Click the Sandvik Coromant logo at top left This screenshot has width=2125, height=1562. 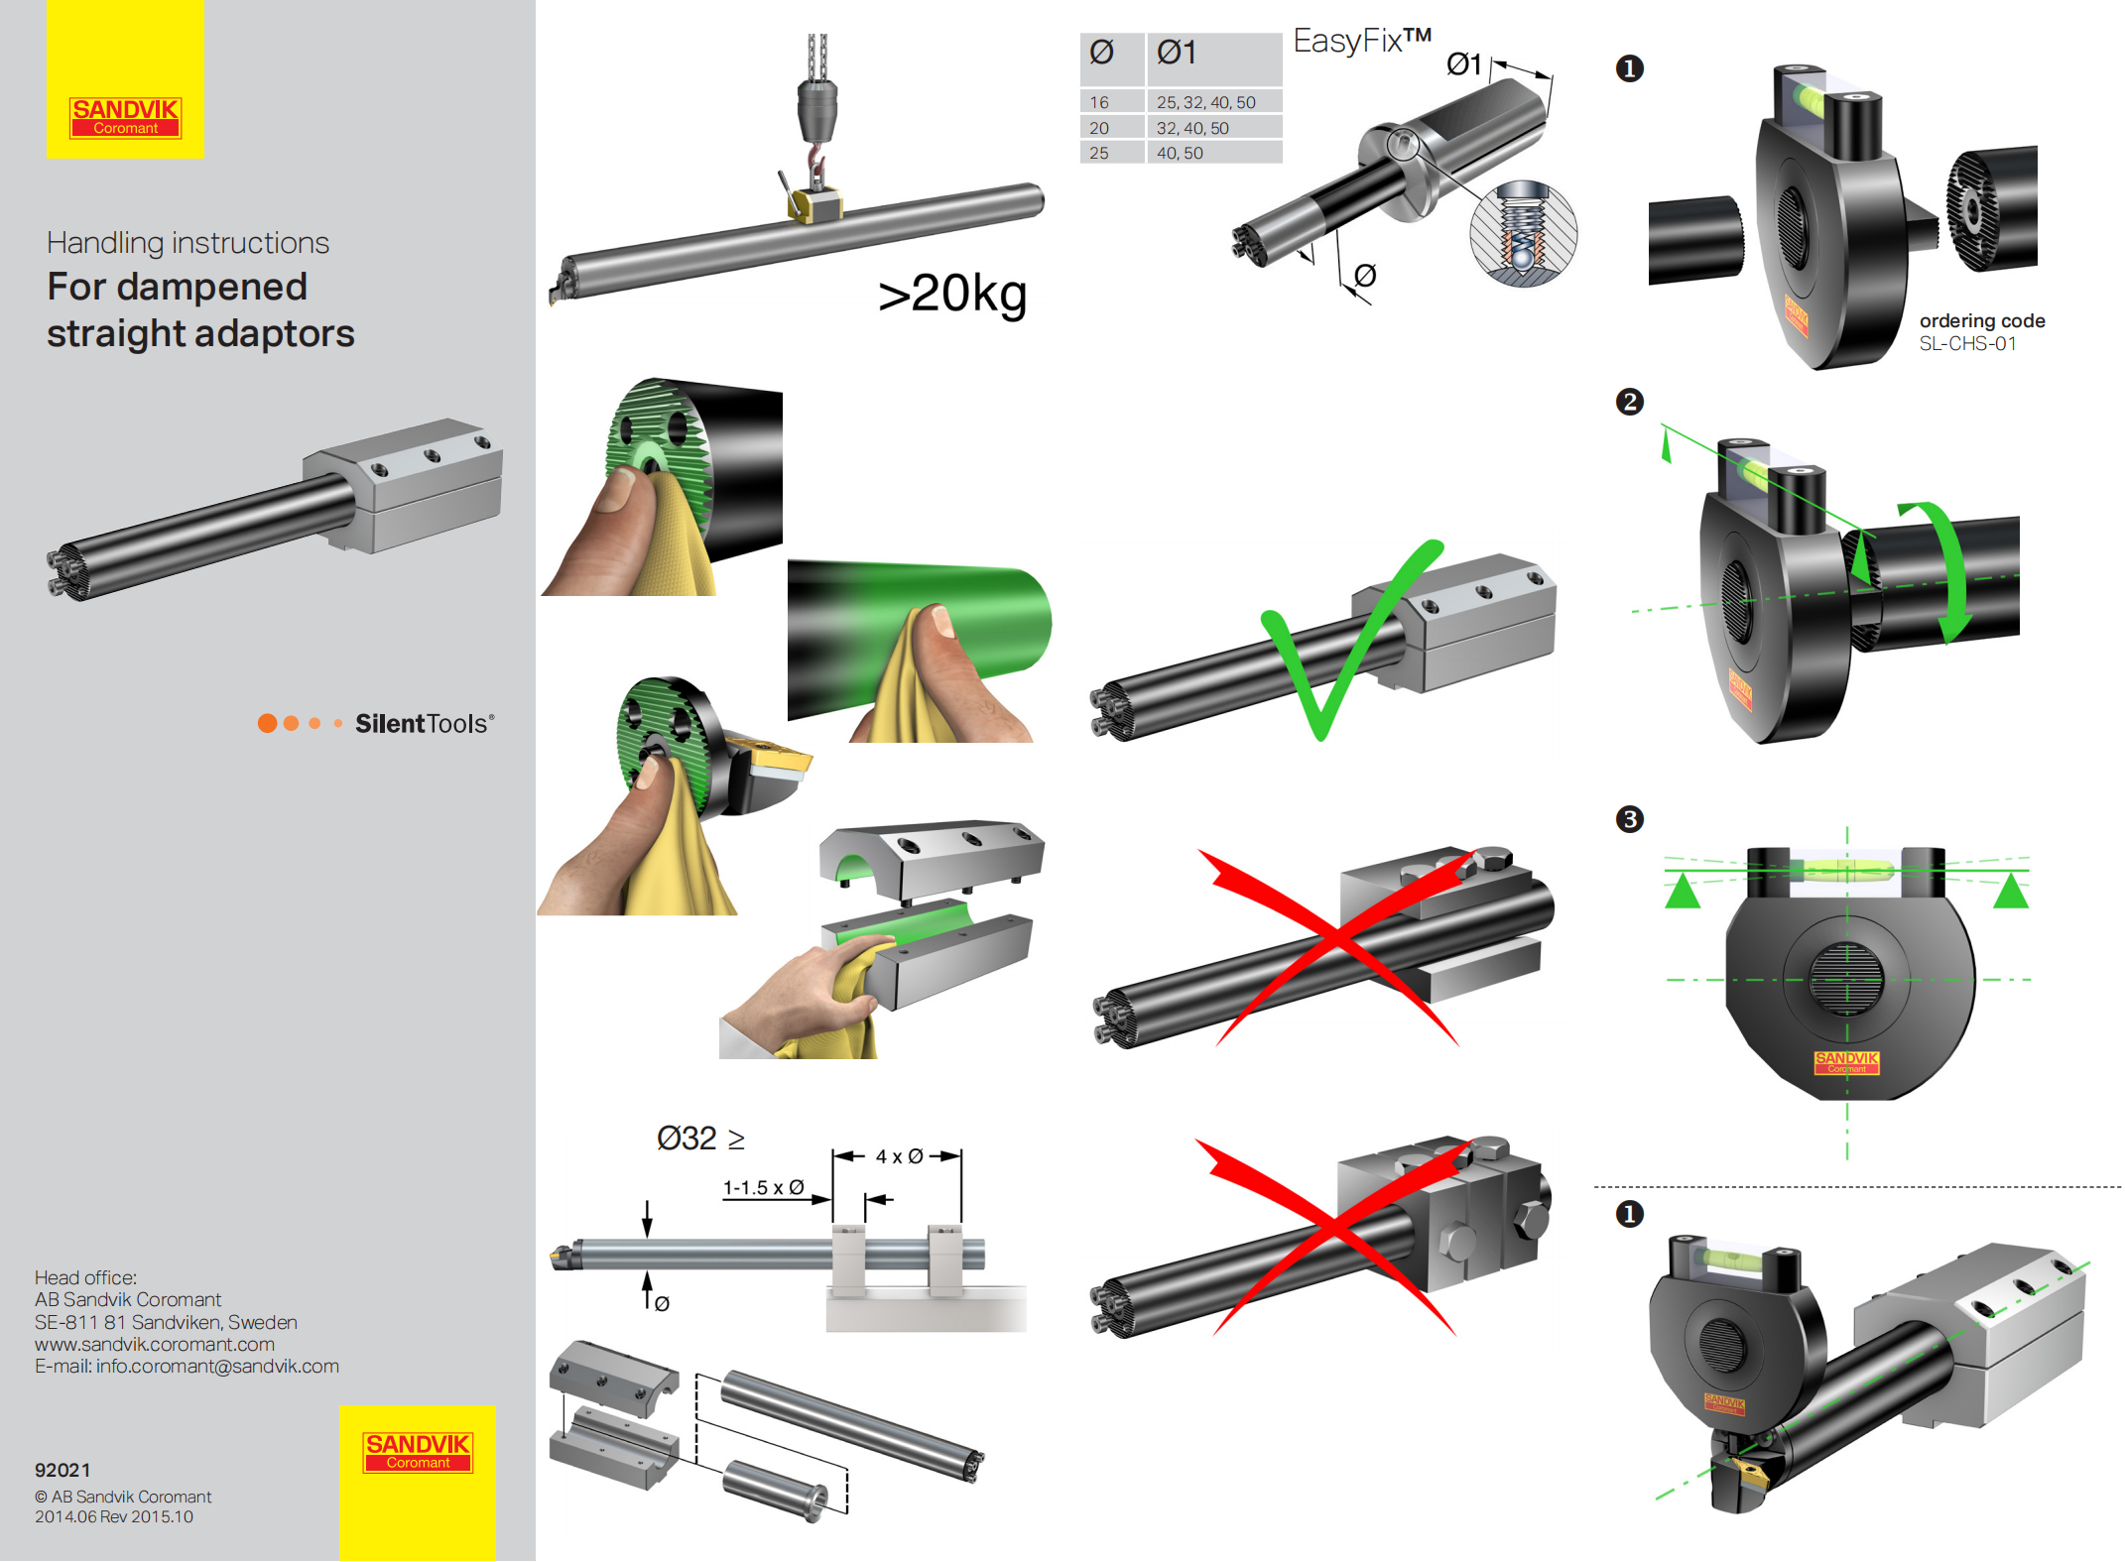(x=125, y=117)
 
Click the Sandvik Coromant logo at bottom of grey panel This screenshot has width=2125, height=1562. (x=418, y=1452)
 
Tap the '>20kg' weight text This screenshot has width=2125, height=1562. (x=951, y=294)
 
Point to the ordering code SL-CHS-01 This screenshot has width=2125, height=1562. (x=1967, y=344)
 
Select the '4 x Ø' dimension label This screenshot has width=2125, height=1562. (x=899, y=1156)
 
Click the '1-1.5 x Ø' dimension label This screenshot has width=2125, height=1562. (x=763, y=1187)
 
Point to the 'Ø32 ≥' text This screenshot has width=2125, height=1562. (x=700, y=1139)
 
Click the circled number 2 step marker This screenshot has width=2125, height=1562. (x=1629, y=402)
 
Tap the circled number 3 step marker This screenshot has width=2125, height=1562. (x=1629, y=819)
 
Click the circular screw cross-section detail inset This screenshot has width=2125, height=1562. (x=1523, y=235)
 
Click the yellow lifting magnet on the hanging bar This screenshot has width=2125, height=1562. (x=815, y=205)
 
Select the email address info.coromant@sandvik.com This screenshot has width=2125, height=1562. (x=217, y=1367)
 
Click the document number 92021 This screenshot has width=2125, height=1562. (x=62, y=1470)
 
